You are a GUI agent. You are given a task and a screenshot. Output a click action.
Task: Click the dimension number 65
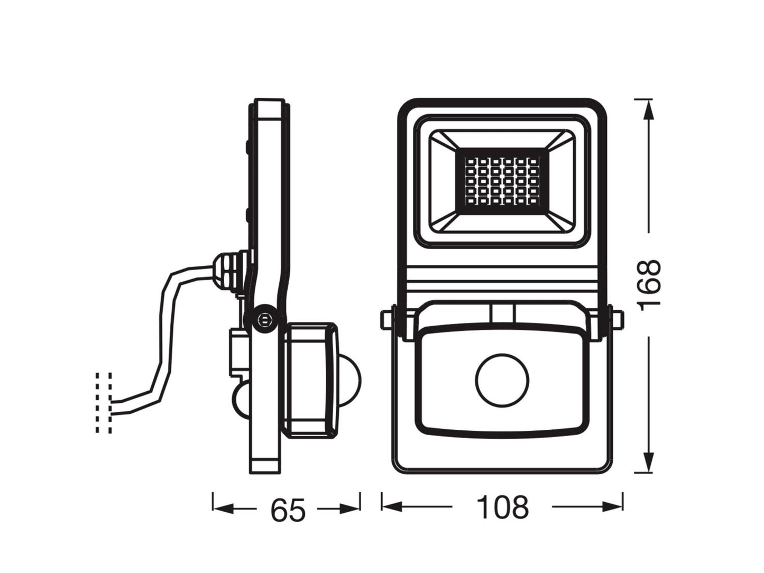[x=288, y=511]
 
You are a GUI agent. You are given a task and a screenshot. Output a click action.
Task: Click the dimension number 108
[x=502, y=507]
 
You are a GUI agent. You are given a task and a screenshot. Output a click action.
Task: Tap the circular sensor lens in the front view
[x=502, y=380]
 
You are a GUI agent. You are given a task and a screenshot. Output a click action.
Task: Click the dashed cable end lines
[x=104, y=402]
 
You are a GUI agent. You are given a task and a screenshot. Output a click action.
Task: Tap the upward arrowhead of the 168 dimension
[x=648, y=110]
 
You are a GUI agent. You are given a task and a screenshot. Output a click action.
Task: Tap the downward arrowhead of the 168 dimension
[x=648, y=461]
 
